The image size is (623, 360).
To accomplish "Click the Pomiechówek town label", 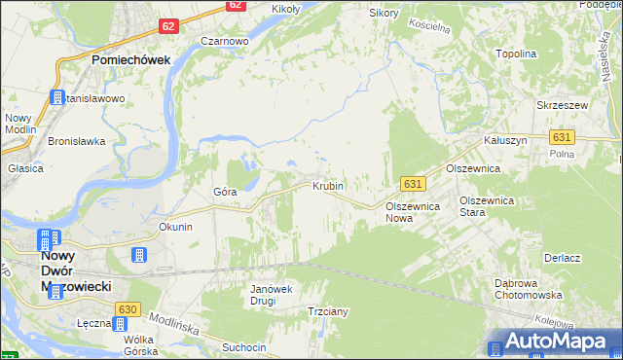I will (x=131, y=59).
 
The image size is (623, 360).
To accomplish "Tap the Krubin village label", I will (x=327, y=185).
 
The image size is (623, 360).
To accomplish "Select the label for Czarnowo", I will (x=225, y=42).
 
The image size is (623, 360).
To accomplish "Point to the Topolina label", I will (x=516, y=54).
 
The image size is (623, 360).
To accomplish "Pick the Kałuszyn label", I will (x=506, y=140).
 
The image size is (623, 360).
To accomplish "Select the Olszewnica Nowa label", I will (x=413, y=212).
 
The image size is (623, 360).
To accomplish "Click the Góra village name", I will (x=225, y=192).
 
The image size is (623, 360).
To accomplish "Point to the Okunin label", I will (x=176, y=227).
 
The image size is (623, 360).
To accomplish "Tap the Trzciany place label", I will (x=328, y=311).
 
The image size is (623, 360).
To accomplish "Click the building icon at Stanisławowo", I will (x=57, y=97).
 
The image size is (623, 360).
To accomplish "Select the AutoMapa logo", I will (x=550, y=341).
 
